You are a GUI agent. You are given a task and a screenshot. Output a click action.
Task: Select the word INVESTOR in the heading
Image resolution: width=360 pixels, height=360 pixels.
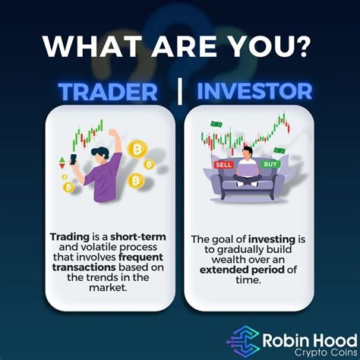pos(254,92)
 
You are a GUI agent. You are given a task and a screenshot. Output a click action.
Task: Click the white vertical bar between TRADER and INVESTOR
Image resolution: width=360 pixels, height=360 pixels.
pos(180,92)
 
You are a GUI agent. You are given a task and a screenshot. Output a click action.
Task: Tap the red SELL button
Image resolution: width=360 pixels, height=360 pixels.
pos(223,163)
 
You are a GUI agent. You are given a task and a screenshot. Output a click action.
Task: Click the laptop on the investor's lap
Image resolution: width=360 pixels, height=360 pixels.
pos(248,172)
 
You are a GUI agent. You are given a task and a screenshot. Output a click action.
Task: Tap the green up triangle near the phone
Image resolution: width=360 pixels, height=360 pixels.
pos(62,156)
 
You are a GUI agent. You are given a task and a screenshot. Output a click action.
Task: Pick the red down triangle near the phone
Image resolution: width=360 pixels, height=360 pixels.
pos(62,165)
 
